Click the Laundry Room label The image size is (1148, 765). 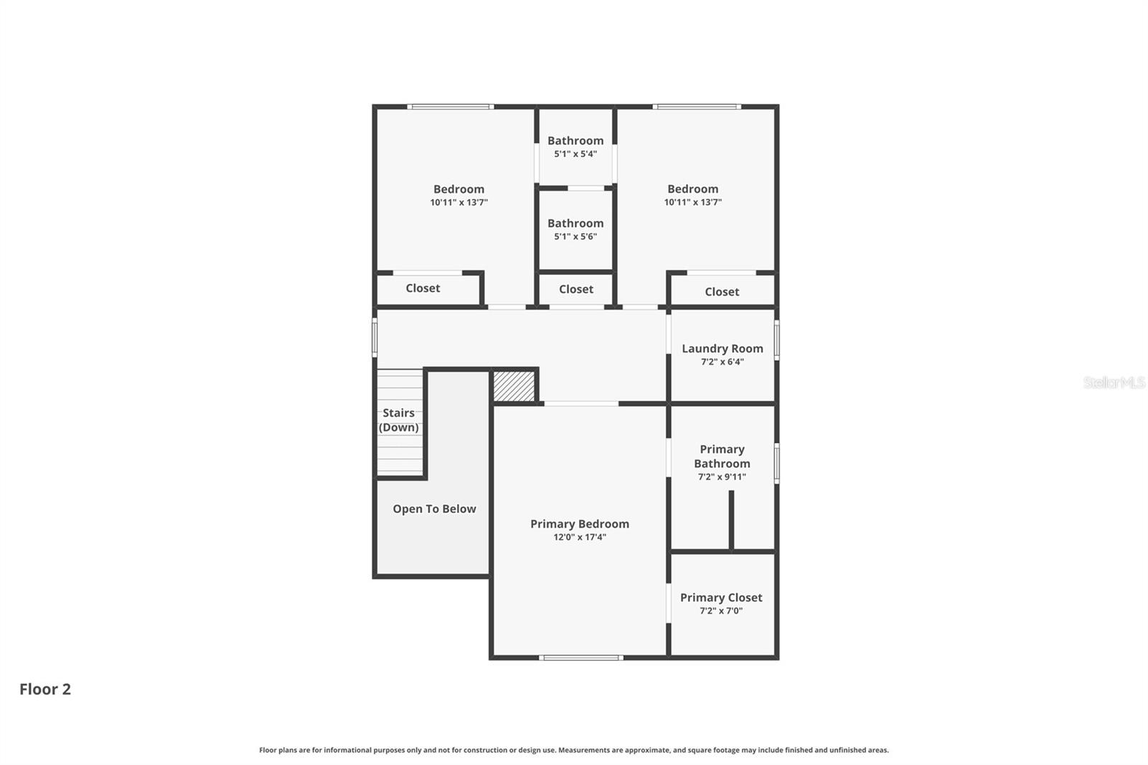click(x=722, y=349)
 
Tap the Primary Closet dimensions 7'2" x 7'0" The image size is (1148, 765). click(x=721, y=611)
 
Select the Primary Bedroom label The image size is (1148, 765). click(x=580, y=524)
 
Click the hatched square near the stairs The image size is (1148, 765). click(x=514, y=386)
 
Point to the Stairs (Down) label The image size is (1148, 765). click(x=399, y=420)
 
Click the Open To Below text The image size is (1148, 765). click(x=434, y=509)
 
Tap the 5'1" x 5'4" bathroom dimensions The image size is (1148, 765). click(x=575, y=154)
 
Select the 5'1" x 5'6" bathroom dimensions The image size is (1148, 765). click(x=575, y=236)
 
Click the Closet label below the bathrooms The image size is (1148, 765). click(x=576, y=289)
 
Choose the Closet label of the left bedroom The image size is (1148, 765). click(x=423, y=288)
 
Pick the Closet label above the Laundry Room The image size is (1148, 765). click(x=722, y=291)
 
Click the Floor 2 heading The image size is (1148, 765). click(x=45, y=689)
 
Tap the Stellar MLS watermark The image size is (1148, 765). click(x=1114, y=382)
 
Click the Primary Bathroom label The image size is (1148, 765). click(x=722, y=456)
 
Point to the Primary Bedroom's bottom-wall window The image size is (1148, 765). click(x=580, y=657)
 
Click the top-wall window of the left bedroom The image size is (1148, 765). click(x=451, y=107)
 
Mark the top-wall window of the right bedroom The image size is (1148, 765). click(x=696, y=107)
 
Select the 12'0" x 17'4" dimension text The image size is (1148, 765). click(x=580, y=537)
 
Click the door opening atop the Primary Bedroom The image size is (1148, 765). click(x=581, y=404)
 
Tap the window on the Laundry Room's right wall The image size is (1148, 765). click(x=776, y=339)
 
